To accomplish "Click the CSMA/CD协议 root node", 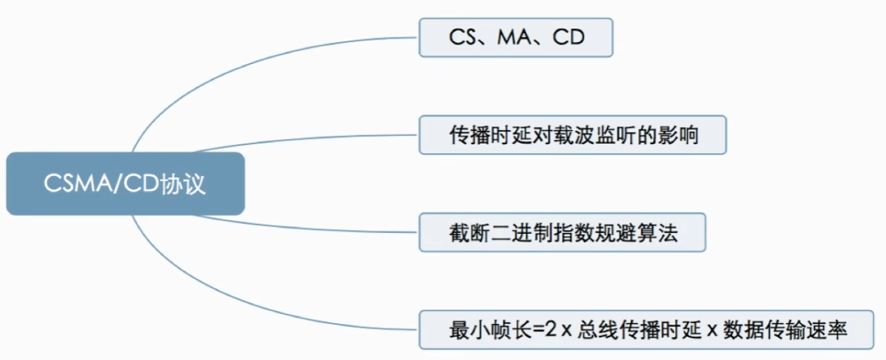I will tap(125, 184).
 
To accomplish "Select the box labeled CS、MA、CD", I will tap(516, 38).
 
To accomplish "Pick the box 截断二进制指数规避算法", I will tap(562, 232).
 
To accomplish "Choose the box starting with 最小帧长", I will tap(646, 329).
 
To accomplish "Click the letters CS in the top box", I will tap(460, 38).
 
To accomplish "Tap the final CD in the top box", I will tap(568, 38).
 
